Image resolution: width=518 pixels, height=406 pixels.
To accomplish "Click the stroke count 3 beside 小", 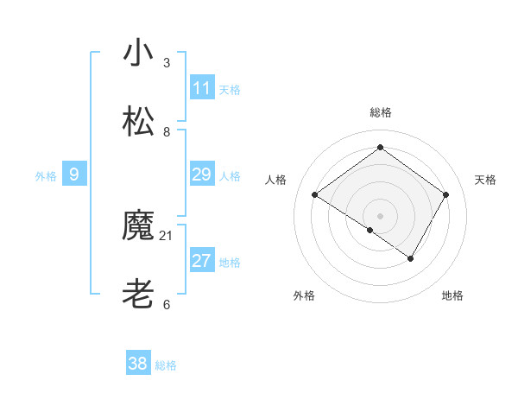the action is click(167, 62).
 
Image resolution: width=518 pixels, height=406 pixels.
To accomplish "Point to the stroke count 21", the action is click(167, 235).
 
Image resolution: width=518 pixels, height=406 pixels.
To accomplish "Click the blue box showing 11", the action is click(202, 88).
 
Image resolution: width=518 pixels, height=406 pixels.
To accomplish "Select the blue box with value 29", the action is click(202, 174).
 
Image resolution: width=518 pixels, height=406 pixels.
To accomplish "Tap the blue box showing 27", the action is click(202, 261).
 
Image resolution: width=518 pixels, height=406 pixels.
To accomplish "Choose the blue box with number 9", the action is click(74, 174).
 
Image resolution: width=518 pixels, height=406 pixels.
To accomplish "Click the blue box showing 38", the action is click(138, 364).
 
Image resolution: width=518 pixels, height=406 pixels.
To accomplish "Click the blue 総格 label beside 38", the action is click(166, 365).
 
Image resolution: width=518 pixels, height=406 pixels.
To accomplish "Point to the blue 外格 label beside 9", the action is click(46, 176).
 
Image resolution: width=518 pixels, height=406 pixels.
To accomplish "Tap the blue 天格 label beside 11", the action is click(230, 90).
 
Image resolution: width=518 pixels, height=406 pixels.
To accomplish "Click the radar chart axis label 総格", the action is click(381, 112).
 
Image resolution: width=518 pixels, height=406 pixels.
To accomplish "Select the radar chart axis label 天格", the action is click(485, 180).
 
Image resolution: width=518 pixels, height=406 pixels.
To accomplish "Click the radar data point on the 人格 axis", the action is click(315, 195).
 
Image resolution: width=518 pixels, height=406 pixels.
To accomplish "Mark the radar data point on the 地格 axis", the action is click(411, 258).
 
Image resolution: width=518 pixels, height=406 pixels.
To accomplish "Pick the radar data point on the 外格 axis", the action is click(370, 230).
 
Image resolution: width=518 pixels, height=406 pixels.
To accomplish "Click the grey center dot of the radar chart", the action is click(381, 215).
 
